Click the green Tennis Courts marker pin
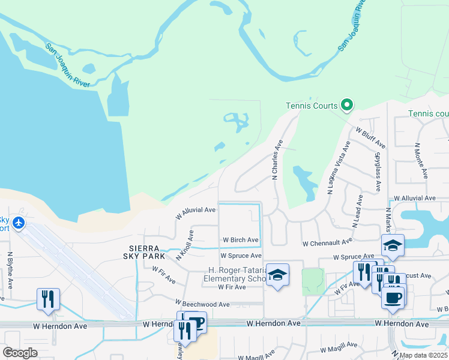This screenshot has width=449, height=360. coord(346,106)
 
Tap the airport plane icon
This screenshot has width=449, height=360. coord(19,223)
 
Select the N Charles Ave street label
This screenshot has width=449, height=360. coord(277,160)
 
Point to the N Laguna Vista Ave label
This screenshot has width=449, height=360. coord(337,168)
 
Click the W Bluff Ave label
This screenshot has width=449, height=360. coord(370,137)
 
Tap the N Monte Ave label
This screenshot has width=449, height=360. coord(420,160)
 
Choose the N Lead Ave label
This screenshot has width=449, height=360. coord(357,210)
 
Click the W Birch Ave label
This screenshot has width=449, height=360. coord(240,240)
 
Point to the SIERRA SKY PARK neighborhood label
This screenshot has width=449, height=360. coord(144,251)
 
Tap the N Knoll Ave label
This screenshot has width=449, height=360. coord(185,245)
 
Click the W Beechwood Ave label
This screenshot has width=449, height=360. coord(202,304)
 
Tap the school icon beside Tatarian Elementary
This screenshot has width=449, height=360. coord(277,275)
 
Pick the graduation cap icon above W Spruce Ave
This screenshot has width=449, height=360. coord(393,245)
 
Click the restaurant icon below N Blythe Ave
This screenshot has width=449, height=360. coord(48,299)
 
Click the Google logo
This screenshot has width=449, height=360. coord(20,352)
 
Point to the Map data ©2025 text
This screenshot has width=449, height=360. coord(422,355)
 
